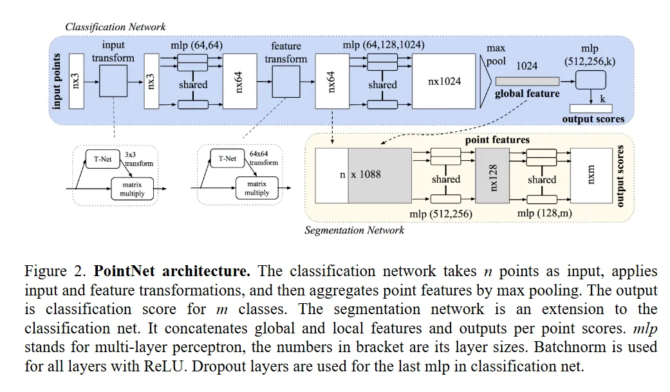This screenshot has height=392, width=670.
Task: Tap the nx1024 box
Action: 444,81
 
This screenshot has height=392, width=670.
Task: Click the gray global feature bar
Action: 526,80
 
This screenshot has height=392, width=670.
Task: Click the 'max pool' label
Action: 496,55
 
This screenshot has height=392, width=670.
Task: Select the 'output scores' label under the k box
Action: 593,119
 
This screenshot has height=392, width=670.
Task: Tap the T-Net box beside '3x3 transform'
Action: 103,158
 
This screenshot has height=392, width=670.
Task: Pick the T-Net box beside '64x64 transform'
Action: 227,158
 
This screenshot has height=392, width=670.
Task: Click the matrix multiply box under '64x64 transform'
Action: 257,188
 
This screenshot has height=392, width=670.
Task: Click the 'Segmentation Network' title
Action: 354,230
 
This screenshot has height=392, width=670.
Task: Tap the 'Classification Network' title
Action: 115,27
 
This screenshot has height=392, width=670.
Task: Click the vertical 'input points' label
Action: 57,82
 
